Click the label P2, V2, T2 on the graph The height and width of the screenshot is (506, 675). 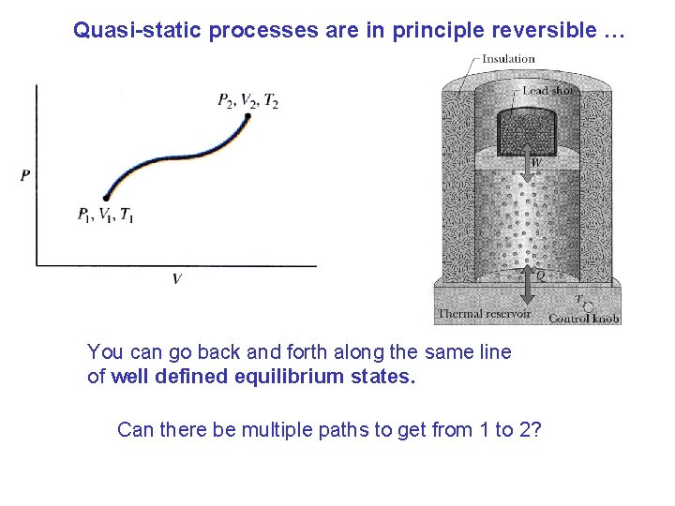[247, 101]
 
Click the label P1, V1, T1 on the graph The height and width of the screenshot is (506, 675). [105, 216]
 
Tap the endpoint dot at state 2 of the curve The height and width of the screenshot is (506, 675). [248, 116]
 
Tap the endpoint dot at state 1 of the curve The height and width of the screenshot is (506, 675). [105, 198]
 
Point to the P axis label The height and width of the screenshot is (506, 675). [24, 175]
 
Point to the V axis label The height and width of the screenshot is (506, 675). [175, 279]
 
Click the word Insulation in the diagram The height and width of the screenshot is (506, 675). [508, 59]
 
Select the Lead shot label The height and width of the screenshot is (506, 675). [548, 91]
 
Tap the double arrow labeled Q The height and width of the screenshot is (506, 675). [529, 273]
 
